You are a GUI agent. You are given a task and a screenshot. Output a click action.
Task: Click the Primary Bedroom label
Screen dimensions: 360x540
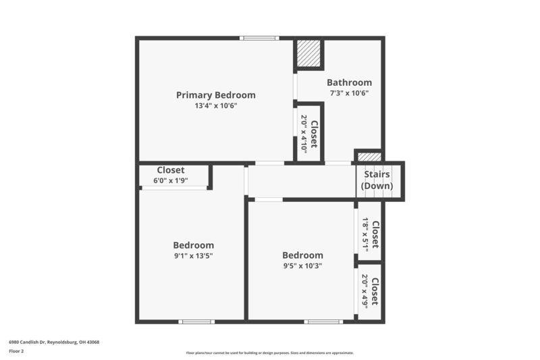(215, 95)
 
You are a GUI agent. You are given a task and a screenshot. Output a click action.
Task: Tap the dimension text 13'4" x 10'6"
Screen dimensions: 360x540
(215, 106)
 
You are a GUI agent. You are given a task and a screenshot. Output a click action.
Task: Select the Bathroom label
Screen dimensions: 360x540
(349, 82)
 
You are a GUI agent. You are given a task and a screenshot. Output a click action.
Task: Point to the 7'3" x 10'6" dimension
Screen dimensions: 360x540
(349, 93)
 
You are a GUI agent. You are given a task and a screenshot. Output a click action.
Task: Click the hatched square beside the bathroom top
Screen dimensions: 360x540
(308, 54)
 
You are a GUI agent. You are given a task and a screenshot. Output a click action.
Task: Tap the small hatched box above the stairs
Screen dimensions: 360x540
(369, 157)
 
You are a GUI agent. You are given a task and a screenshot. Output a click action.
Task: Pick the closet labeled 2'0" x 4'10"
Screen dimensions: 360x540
(308, 132)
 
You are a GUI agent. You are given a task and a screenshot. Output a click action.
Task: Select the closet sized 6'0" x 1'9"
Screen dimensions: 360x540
(172, 176)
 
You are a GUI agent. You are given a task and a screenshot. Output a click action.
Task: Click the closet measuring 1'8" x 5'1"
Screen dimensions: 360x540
(371, 230)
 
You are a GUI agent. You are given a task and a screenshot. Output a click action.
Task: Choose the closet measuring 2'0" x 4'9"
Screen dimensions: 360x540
(371, 290)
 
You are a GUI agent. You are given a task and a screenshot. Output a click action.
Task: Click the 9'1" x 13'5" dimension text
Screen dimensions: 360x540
(193, 256)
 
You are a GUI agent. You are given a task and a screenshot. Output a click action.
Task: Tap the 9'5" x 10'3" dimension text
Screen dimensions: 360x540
(302, 265)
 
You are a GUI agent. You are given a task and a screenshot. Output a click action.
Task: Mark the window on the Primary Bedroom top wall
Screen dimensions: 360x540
(260, 38)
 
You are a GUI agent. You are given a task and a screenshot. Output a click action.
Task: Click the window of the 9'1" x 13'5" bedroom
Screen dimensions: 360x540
(196, 322)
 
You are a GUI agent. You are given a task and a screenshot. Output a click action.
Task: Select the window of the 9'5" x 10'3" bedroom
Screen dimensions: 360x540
(323, 322)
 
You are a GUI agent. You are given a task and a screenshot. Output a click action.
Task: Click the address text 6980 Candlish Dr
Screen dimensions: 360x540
(54, 342)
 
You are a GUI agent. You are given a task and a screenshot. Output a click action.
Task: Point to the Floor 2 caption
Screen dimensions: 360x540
(16, 351)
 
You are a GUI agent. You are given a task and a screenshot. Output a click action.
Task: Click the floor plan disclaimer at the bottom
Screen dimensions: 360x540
(269, 353)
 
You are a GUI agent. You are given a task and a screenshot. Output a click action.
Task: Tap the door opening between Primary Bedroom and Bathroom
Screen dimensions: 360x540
(295, 86)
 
